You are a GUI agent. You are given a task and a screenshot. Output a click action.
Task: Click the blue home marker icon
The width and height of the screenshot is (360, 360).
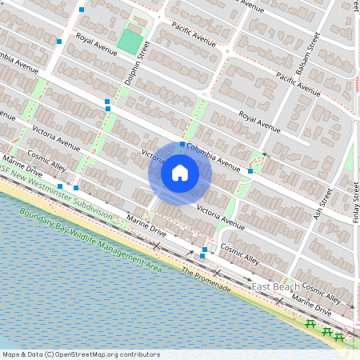coord(179,173)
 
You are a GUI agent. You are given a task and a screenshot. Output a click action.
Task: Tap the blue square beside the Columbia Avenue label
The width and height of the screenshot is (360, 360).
coord(182,145)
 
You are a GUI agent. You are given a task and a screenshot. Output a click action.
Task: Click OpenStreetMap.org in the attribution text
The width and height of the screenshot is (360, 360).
coord(88,354)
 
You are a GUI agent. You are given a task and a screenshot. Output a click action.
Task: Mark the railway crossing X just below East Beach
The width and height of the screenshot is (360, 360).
coord(278,300)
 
